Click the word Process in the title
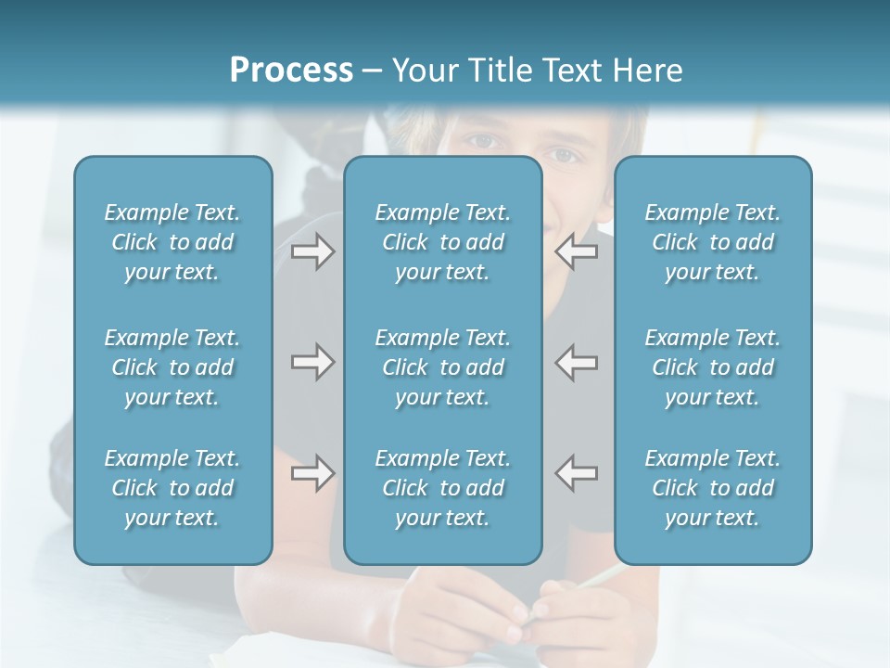click(x=291, y=71)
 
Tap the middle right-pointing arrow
click(x=312, y=362)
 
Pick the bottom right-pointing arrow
click(x=312, y=473)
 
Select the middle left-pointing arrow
click(x=577, y=362)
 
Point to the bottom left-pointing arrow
click(x=577, y=473)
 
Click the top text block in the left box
click(x=172, y=242)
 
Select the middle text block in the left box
click(x=172, y=367)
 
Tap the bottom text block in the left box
click(x=172, y=488)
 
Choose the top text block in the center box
click(x=442, y=242)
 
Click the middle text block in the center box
click(x=442, y=367)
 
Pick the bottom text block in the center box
click(x=442, y=488)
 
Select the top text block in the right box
click(x=712, y=242)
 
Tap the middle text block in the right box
click(x=712, y=367)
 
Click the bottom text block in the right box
click(x=712, y=488)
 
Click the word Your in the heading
click(x=424, y=71)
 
